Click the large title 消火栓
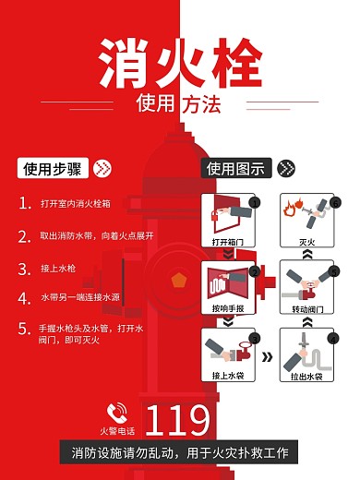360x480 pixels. pyautogui.click(x=180, y=63)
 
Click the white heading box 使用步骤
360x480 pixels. pyautogui.click(x=53, y=169)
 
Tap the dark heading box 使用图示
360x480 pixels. pyautogui.click(x=236, y=168)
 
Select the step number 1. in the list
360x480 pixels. pyautogui.click(x=24, y=203)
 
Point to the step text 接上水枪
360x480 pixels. pyautogui.click(x=57, y=270)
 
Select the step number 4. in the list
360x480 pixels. pyautogui.click(x=24, y=299)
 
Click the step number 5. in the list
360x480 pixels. pyautogui.click(x=24, y=329)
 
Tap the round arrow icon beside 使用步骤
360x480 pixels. pyautogui.click(x=102, y=169)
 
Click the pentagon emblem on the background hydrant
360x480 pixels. pyautogui.click(x=178, y=278)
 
